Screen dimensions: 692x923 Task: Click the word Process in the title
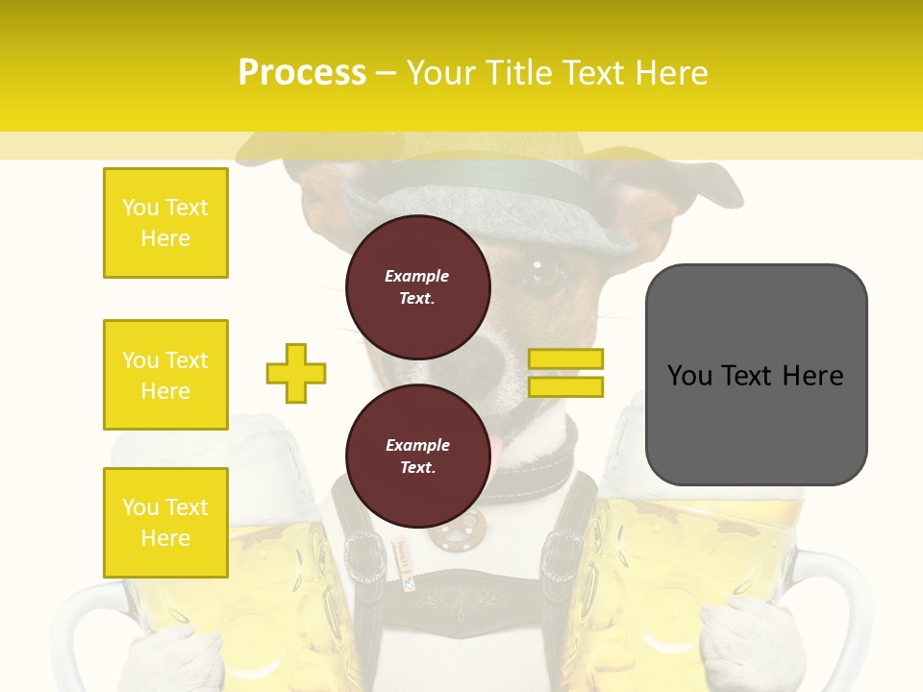click(302, 73)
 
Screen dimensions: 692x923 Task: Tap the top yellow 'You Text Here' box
click(165, 223)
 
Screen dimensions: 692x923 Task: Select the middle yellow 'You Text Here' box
click(165, 375)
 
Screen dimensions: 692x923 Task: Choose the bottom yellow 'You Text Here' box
click(165, 522)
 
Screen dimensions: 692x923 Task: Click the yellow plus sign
click(296, 373)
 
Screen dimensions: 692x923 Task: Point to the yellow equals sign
click(565, 373)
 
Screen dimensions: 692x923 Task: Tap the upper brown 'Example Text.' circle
click(418, 286)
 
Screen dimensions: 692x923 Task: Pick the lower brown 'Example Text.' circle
click(418, 456)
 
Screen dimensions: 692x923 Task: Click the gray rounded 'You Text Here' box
click(756, 375)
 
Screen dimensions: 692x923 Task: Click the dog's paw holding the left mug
click(178, 654)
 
